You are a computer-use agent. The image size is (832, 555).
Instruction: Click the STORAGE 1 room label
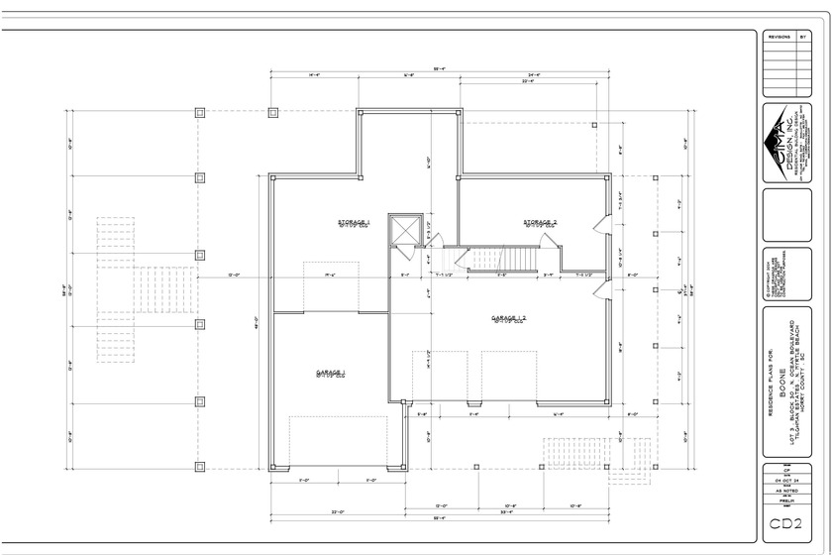click(354, 223)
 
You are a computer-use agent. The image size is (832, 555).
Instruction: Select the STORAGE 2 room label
click(540, 223)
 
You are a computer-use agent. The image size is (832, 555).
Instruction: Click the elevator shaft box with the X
click(406, 231)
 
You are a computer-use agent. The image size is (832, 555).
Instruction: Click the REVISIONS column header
click(779, 36)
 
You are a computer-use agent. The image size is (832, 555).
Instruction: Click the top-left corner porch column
click(200, 111)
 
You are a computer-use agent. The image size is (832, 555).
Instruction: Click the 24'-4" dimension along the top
click(534, 75)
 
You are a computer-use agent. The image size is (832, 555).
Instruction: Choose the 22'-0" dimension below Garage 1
click(337, 512)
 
